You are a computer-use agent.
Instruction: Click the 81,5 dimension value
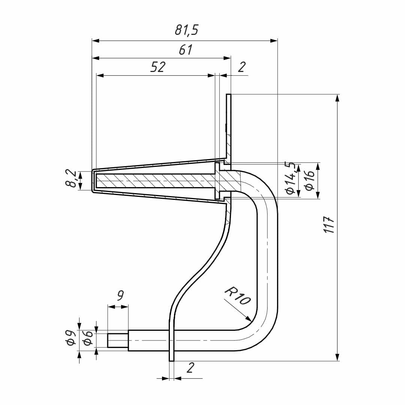[x=186, y=30]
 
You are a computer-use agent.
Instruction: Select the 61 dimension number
[x=186, y=49]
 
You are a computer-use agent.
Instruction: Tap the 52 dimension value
[x=157, y=67]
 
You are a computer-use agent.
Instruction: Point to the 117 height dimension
[x=329, y=225]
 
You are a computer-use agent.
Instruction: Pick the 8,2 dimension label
[x=70, y=179]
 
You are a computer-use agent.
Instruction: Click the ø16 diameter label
[x=310, y=180]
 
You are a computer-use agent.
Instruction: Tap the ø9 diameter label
[x=70, y=338]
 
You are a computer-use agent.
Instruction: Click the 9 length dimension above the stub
[x=120, y=296]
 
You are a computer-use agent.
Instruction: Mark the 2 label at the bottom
[x=190, y=368]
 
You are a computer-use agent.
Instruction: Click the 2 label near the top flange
[x=241, y=67]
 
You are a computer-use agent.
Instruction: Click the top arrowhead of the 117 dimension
[x=337, y=98]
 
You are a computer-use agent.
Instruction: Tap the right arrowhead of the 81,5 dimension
[x=273, y=40]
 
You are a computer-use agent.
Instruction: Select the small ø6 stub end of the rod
[x=118, y=340]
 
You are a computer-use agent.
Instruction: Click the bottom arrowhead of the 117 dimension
[x=337, y=357]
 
